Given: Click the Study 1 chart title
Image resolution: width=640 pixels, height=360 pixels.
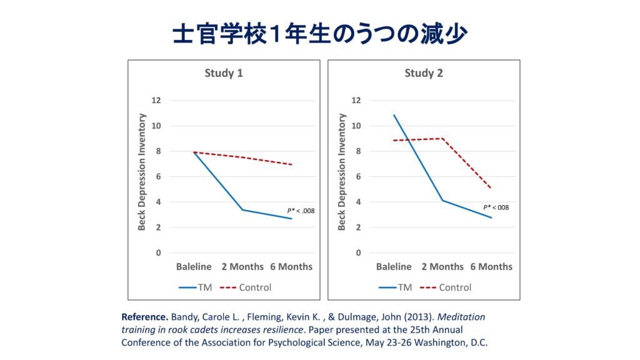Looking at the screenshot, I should click(224, 73).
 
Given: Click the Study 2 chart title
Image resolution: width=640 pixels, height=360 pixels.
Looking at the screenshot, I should click(424, 73).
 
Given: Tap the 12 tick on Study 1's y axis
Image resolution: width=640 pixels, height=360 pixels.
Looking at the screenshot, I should click(156, 100).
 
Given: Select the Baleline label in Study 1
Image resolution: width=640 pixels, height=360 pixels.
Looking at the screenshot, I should click(194, 266).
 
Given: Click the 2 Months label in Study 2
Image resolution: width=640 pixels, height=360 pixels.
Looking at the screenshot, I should click(442, 266).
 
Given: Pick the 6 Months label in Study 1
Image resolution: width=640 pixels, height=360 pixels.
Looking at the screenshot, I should click(291, 266).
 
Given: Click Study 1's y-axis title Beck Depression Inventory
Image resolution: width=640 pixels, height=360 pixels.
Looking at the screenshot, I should click(142, 172).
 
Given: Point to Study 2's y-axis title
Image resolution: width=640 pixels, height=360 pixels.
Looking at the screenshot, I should click(342, 172).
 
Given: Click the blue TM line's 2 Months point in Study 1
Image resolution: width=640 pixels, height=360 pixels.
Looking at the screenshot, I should click(242, 209).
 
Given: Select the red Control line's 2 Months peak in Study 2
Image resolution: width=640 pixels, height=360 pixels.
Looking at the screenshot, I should click(442, 138).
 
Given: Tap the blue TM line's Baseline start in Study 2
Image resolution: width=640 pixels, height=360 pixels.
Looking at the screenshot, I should click(394, 115).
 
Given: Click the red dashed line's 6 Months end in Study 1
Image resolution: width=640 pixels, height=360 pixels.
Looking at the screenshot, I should click(291, 164).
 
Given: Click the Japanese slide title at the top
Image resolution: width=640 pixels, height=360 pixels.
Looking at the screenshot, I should click(319, 34).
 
